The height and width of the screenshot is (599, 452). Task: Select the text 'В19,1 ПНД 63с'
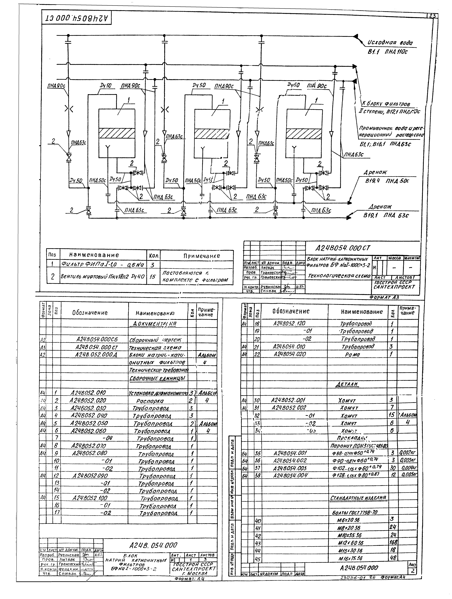click(386, 215)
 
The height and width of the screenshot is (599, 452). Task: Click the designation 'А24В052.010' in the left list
click(88, 393)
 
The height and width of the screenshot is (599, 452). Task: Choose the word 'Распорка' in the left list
click(150, 400)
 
